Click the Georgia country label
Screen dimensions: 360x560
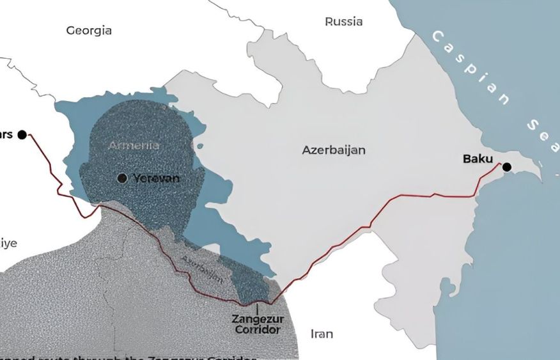[89, 30]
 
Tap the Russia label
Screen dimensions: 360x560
[343, 22]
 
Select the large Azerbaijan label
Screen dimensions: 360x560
[334, 150]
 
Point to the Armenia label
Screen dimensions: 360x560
[134, 145]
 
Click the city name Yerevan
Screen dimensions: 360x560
[156, 178]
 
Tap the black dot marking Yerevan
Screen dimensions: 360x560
[122, 178]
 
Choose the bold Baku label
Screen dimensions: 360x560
[479, 159]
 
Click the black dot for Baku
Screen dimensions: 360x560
[507, 168]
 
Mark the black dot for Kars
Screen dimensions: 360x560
[22, 134]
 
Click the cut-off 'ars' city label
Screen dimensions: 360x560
[6, 134]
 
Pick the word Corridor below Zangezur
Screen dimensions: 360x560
[258, 330]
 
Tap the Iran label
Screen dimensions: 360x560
[322, 334]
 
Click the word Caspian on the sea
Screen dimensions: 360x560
[471, 67]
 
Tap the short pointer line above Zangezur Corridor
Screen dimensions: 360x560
[258, 307]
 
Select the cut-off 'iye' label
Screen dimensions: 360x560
[8, 243]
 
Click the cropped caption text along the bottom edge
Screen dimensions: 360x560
[128, 357]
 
